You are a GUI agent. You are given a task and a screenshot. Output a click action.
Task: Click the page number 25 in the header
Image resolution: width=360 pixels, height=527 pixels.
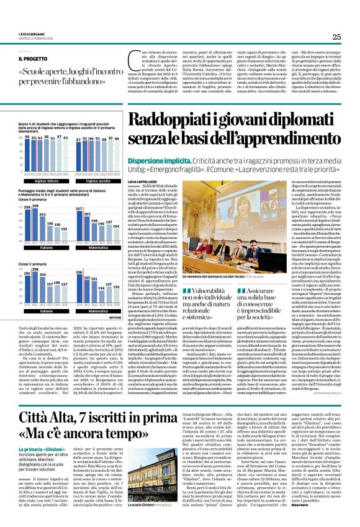click(336, 37)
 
